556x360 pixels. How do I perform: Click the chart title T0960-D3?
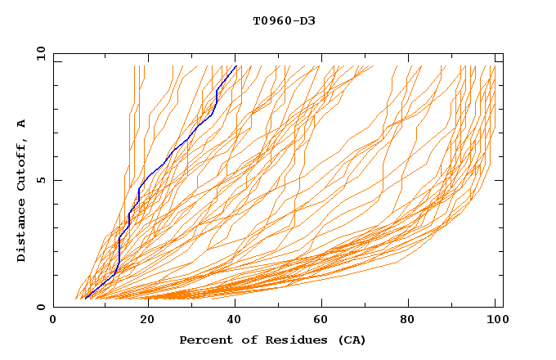tap(284, 20)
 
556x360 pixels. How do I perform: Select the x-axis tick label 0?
tap(54, 321)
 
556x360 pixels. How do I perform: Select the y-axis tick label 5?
tap(40, 180)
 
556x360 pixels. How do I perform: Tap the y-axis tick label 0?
tap(40, 307)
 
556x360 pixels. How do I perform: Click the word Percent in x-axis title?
tap(204, 340)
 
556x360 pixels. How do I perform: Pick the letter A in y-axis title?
tap(21, 123)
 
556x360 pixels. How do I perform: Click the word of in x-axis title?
tap(249, 340)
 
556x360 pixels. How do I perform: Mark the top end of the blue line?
tap(236, 65)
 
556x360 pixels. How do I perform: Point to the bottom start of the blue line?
tap(85, 299)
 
